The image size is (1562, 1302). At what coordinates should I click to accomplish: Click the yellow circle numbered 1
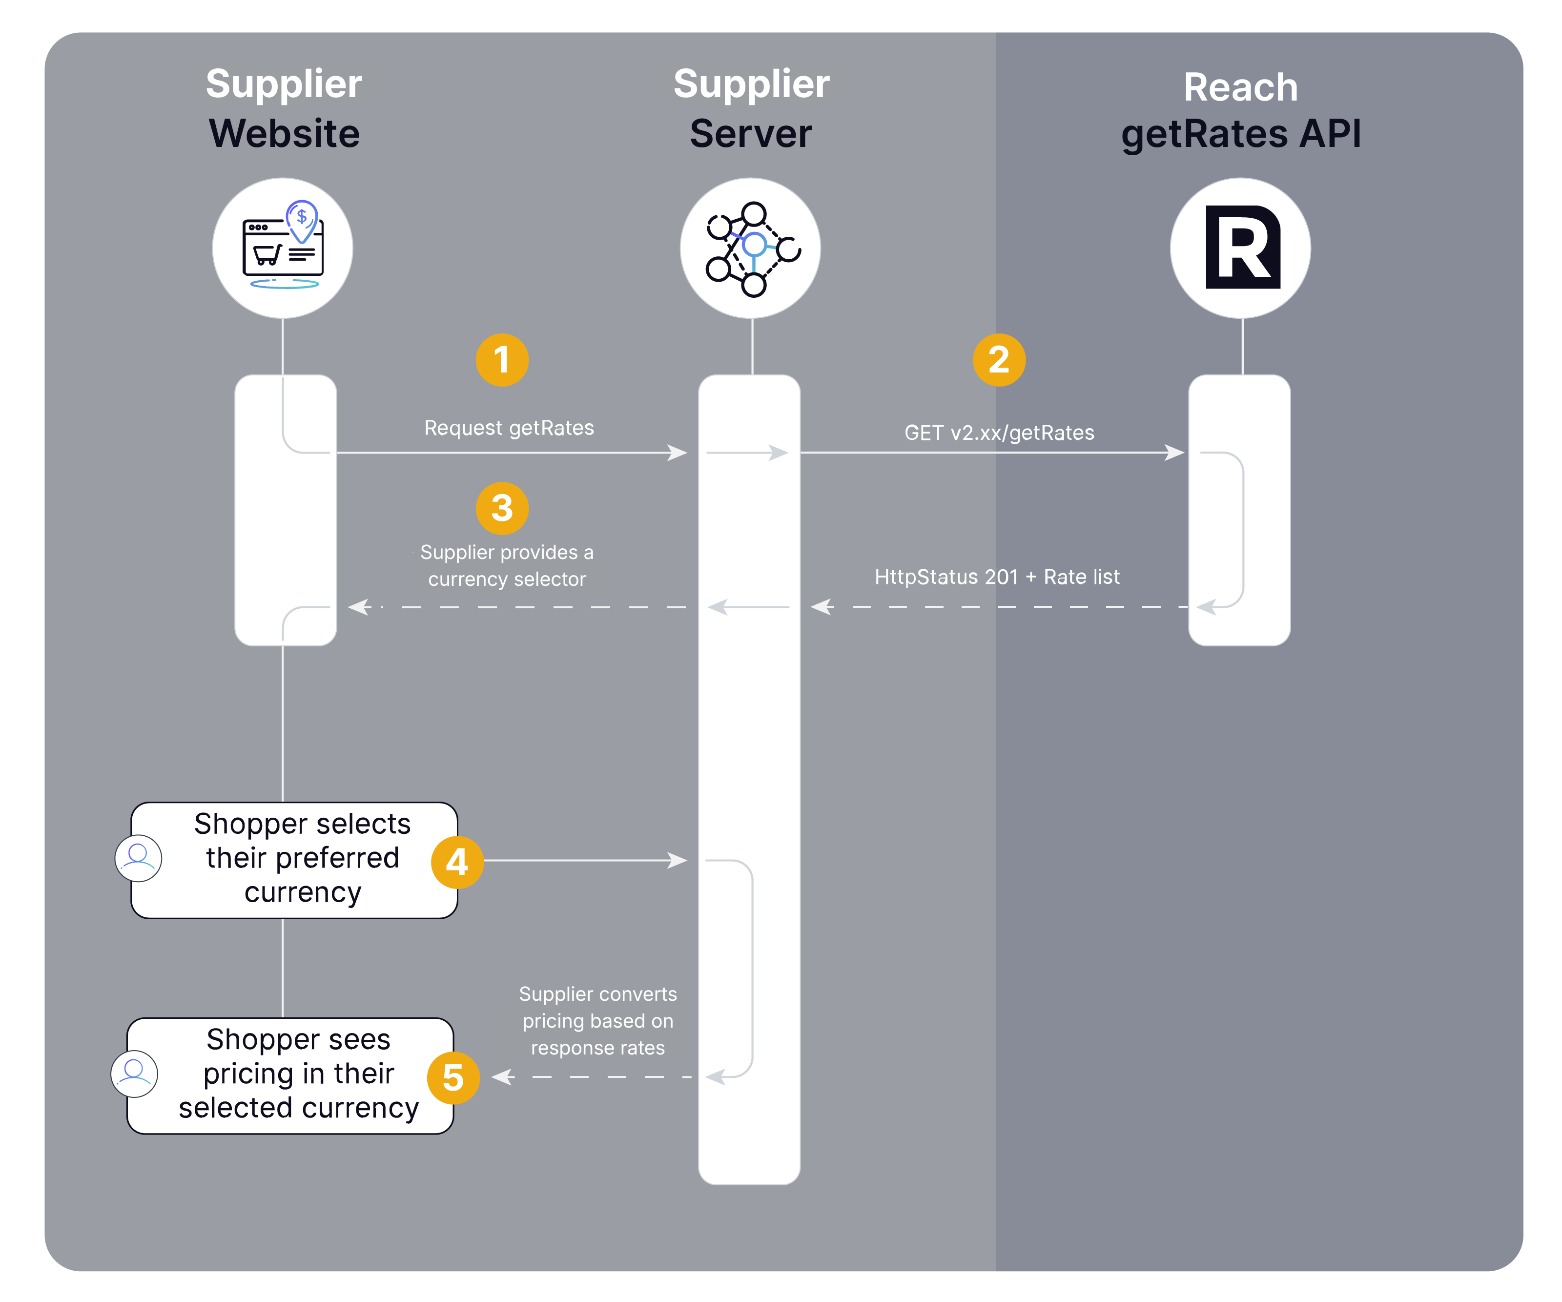coord(502,360)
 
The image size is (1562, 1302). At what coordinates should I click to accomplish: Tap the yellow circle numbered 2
coord(999,360)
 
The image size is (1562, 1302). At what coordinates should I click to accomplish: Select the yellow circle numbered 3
coord(502,509)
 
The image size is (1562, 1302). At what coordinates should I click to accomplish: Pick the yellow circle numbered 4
coord(457,862)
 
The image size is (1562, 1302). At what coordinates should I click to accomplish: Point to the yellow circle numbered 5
coord(453,1077)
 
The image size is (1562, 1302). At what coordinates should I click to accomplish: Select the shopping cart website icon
coord(283,248)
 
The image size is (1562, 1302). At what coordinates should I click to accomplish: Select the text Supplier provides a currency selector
coord(507,565)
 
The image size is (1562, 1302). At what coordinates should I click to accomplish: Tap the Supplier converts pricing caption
coord(598,1021)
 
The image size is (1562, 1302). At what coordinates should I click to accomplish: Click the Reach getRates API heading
coord(1241,110)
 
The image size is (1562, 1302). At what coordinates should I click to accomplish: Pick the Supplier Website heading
coord(284,109)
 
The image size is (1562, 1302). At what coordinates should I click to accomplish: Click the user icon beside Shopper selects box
coord(138,858)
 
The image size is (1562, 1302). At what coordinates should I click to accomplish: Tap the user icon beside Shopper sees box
coord(135,1074)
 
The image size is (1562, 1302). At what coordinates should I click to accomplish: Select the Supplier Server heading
coord(751,109)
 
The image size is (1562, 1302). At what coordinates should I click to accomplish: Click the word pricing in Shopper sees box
coord(248,1074)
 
